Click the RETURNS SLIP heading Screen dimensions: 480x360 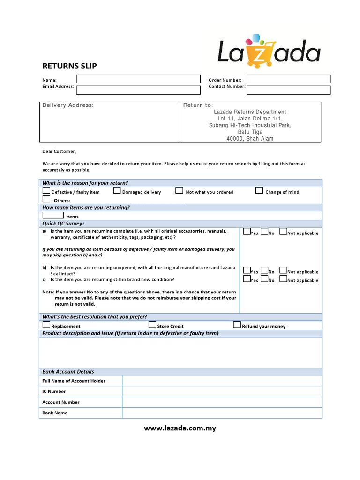coord(69,66)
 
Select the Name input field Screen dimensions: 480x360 coord(138,79)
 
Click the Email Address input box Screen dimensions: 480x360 coord(138,90)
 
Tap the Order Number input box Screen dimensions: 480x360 coord(288,79)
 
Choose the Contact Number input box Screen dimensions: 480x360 coord(288,90)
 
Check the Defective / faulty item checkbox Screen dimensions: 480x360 coord(46,191)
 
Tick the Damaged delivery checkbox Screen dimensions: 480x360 coord(117,191)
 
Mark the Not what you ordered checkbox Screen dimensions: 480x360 coord(179,190)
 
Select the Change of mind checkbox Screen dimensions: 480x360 coord(259,190)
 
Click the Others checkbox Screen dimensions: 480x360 coord(46,199)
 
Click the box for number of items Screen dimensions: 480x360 coord(53,215)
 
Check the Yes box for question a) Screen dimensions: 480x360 coord(247,232)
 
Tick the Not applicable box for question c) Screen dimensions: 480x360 coord(283,279)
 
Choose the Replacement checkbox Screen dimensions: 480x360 coord(46,325)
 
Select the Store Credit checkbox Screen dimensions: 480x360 coord(152,325)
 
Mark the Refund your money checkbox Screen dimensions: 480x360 coord(237,325)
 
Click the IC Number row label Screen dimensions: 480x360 coord(54,391)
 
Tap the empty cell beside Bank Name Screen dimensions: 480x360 coord(222,413)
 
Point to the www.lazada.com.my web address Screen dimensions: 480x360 coord(180,428)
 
